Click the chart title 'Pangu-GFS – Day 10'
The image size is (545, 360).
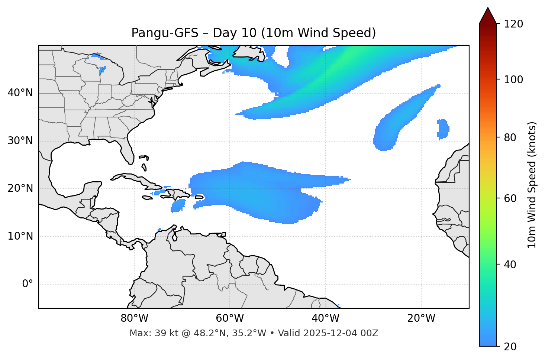(x=254, y=33)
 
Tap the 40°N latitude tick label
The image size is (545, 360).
(x=20, y=93)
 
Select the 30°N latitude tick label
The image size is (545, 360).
(x=20, y=141)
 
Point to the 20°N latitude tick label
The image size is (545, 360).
(x=20, y=188)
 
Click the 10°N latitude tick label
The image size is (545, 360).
(x=20, y=236)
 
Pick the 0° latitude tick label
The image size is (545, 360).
(x=28, y=284)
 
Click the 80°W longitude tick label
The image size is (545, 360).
(x=134, y=318)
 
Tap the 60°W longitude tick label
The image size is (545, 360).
(x=230, y=318)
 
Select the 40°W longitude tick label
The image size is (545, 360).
(x=325, y=318)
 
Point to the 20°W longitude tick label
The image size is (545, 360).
(x=421, y=318)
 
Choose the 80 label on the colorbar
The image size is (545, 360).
(x=510, y=137)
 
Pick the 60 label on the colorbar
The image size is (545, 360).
(x=510, y=198)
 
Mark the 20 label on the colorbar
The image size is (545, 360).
(x=510, y=347)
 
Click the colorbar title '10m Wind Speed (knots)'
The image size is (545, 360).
(x=532, y=185)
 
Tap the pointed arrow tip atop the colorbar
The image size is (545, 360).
(x=488, y=9)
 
